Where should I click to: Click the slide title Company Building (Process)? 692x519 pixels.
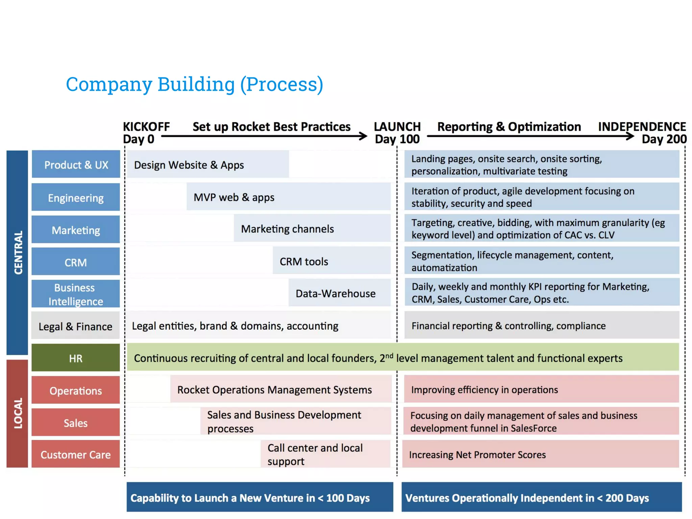(194, 84)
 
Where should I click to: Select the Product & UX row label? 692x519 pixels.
(76, 165)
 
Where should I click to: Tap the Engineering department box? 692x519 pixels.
(76, 197)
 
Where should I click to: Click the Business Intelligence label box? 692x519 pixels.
(76, 294)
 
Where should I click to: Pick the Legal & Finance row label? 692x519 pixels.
(75, 326)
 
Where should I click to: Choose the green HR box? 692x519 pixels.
(76, 358)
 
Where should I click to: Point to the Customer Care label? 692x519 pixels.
(76, 454)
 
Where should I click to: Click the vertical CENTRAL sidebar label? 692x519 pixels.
(18, 252)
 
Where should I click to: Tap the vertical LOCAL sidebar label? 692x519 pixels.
(18, 413)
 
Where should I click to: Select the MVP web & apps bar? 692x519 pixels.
(288, 197)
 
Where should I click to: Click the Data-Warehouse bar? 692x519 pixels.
(339, 293)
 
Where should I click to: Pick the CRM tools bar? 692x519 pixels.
(331, 261)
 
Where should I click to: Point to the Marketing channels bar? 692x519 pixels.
(312, 229)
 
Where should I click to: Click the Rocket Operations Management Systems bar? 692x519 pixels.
(280, 390)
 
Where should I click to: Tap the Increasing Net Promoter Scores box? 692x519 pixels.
(541, 454)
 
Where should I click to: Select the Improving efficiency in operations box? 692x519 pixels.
(541, 390)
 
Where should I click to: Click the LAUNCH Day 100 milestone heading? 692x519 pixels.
(397, 133)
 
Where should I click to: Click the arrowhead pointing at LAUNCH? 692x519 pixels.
(364, 136)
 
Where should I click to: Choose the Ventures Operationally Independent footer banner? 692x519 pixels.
(541, 497)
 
